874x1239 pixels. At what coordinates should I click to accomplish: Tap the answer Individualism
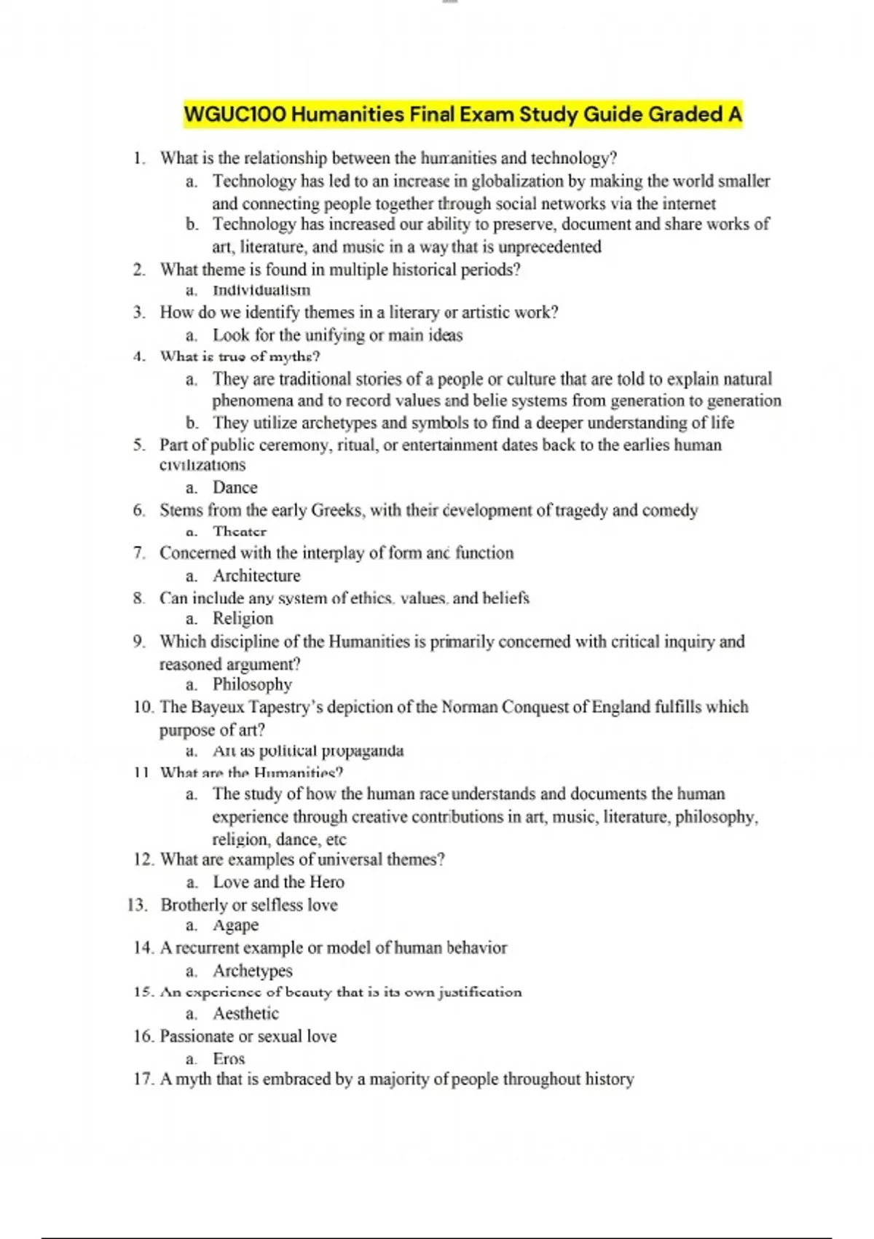(261, 290)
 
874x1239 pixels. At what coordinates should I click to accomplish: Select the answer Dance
(235, 487)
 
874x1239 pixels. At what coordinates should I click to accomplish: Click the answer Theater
(240, 531)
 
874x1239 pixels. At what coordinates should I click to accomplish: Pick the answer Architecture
(256, 576)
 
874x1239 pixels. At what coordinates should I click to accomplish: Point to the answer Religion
(243, 619)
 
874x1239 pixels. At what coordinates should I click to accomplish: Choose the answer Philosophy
(252, 684)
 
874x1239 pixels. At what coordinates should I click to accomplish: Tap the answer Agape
(235, 925)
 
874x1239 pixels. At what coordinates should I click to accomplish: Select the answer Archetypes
(252, 971)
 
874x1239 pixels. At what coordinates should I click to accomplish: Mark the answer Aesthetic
(245, 1013)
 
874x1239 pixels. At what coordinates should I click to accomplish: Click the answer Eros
(229, 1058)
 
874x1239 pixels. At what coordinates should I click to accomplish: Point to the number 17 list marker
(142, 1079)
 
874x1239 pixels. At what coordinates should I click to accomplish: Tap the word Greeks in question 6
(336, 510)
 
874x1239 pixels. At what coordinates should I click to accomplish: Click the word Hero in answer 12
(326, 882)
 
